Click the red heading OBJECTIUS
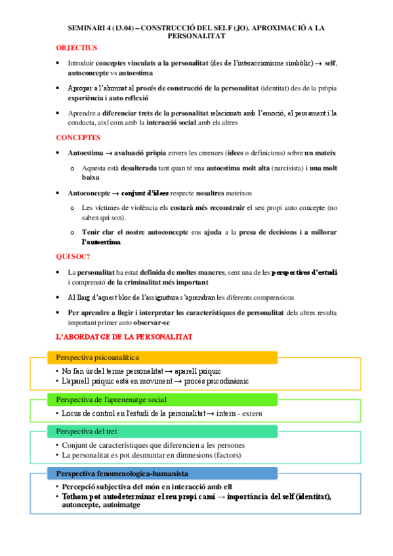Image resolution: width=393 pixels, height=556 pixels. pyautogui.click(x=77, y=48)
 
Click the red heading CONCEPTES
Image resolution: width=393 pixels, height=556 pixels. pyautogui.click(x=78, y=138)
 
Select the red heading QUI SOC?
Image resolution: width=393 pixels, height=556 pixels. pyautogui.click(x=73, y=256)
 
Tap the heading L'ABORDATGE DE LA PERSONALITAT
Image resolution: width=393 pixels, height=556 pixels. pyautogui.click(x=124, y=336)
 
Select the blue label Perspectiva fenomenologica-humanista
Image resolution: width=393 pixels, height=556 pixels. pyautogui.click(x=123, y=473)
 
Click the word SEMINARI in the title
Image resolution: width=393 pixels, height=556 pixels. pyautogui.click(x=87, y=29)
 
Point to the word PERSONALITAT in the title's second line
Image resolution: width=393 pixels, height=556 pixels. pyautogui.click(x=196, y=37)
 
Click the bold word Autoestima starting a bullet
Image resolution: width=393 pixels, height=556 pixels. pyautogui.click(x=86, y=153)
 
